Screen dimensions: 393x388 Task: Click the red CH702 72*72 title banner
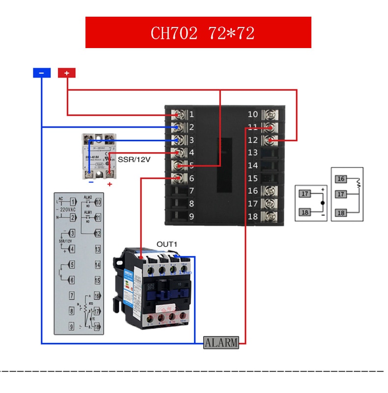198,32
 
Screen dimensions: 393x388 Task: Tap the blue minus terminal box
42,73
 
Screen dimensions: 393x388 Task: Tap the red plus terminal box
66,73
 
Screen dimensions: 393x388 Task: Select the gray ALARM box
221,342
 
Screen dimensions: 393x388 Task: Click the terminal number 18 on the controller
252,216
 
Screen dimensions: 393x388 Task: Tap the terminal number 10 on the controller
252,114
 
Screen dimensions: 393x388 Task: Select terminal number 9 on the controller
192,216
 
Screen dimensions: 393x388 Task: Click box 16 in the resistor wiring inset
341,179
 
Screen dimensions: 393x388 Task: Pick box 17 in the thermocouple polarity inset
305,194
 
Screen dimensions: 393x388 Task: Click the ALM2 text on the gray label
88,197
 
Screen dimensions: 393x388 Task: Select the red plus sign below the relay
110,184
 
